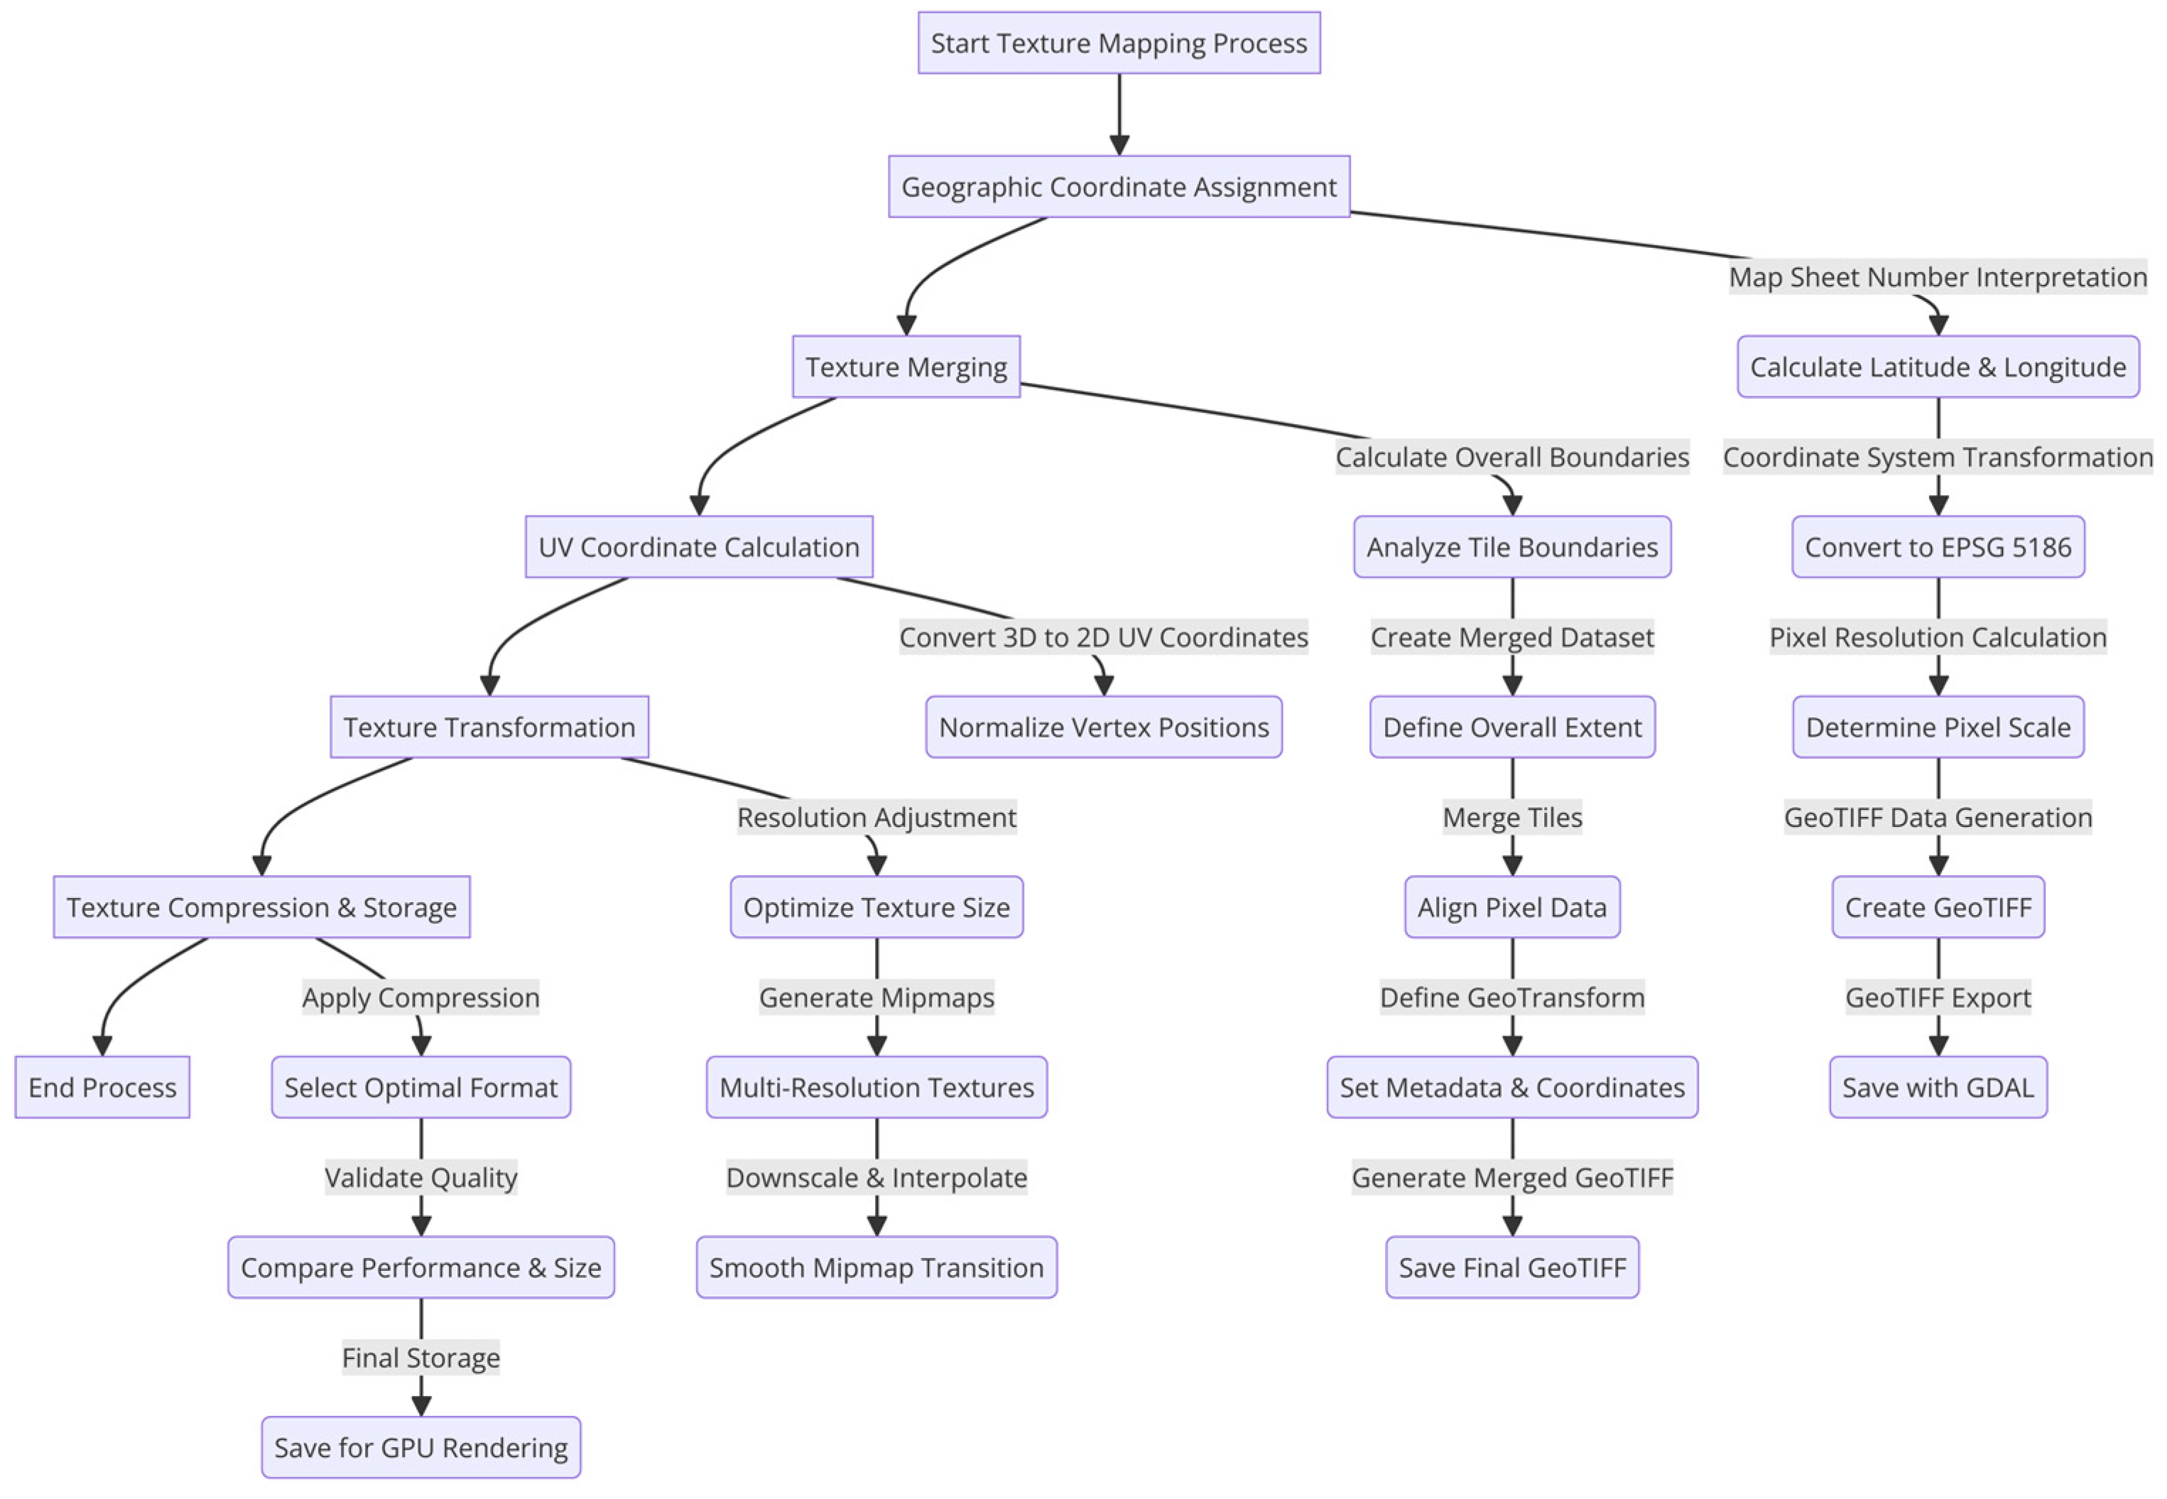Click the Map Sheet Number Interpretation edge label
tap(1937, 277)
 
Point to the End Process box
tap(102, 1088)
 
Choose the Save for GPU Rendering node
tap(420, 1447)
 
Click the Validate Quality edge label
tap(420, 1178)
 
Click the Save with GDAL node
tap(1937, 1088)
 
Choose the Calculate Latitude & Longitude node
tap(1937, 367)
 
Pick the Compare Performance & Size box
tap(420, 1268)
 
